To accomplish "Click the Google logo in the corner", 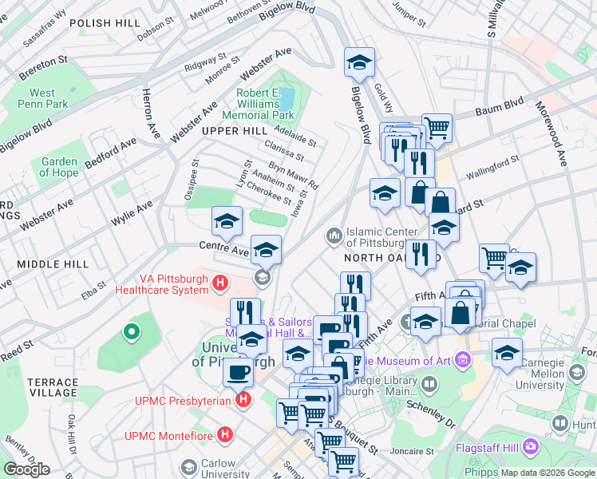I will [x=26, y=469].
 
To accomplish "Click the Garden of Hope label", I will [x=59, y=167].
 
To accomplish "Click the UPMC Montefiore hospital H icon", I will [x=226, y=435].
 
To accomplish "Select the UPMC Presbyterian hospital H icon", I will [x=244, y=398].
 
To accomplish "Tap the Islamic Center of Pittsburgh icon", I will [x=334, y=236].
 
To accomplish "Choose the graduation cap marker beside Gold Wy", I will [x=360, y=62].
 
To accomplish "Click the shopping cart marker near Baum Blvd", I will [x=437, y=127].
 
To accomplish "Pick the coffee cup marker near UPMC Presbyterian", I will [x=238, y=371].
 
